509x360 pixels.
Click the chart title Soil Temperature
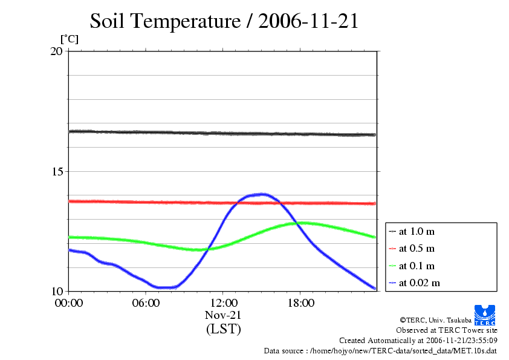click(224, 22)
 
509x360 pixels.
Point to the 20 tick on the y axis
click(56, 51)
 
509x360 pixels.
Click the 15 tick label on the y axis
click(56, 171)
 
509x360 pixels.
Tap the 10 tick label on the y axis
click(56, 291)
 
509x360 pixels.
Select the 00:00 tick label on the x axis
click(68, 303)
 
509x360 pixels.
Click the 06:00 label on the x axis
click(146, 303)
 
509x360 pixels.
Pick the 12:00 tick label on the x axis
click(223, 303)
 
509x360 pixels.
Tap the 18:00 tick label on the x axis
click(300, 303)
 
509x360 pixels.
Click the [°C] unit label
click(69, 39)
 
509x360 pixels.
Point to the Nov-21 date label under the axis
click(223, 315)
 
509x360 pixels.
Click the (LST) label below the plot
click(223, 330)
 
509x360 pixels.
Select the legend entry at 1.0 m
click(417, 232)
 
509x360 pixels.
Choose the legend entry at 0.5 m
click(417, 249)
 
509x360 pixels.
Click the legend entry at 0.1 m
click(417, 266)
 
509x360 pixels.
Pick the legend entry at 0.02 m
click(419, 283)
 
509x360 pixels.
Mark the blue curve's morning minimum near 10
click(163, 287)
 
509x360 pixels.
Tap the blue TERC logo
click(484, 315)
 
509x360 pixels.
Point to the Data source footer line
click(380, 350)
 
